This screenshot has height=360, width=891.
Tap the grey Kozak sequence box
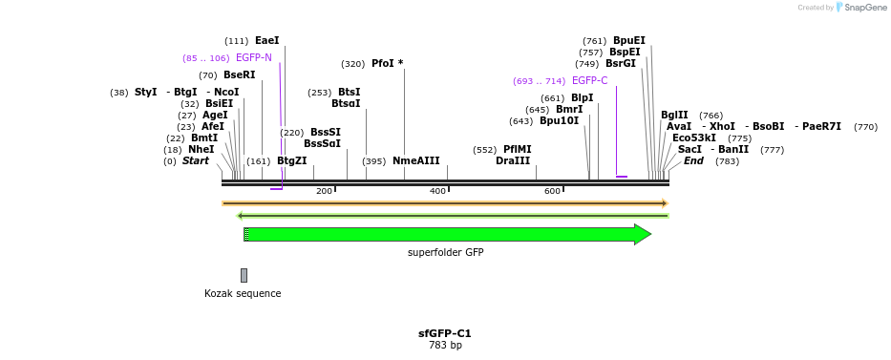click(x=244, y=275)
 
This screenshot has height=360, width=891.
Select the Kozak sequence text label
click(x=243, y=293)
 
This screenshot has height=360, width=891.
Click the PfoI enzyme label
click(x=387, y=64)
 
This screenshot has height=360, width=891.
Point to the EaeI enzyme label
click(x=267, y=41)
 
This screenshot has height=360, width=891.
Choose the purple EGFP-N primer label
click(x=254, y=58)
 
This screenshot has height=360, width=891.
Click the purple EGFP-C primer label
click(x=589, y=81)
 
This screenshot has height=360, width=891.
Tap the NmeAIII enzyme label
click(x=415, y=161)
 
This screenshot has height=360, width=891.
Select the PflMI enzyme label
click(x=517, y=150)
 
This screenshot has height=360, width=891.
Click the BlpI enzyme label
click(x=582, y=97)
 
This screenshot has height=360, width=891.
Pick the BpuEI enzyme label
click(x=628, y=41)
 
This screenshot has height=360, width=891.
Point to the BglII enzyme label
click(x=674, y=116)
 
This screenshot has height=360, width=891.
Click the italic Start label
click(x=195, y=161)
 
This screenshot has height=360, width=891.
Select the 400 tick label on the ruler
click(x=438, y=192)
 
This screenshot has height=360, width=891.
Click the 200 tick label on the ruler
click(x=324, y=192)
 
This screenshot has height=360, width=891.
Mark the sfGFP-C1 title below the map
click(x=445, y=334)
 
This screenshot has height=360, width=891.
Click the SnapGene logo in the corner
click(x=857, y=8)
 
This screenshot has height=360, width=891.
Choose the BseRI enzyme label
click(x=239, y=75)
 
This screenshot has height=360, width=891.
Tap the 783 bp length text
click(x=445, y=346)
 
